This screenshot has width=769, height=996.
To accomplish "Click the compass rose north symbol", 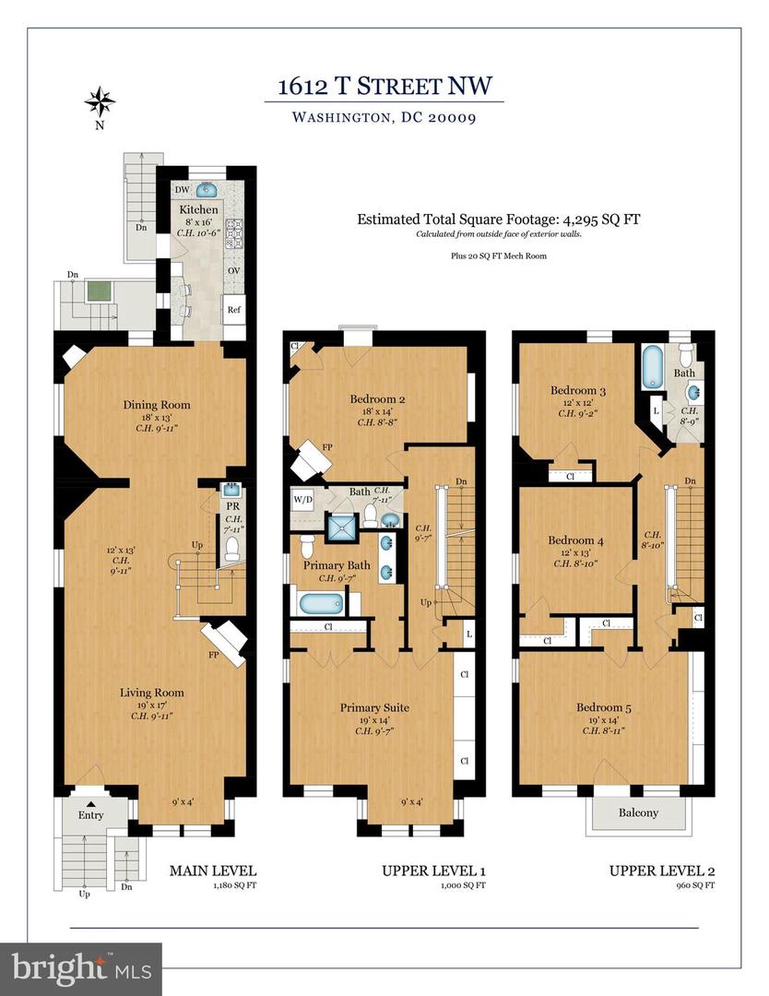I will coord(100,100).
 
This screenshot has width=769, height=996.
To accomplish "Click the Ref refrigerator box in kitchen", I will coord(234,310).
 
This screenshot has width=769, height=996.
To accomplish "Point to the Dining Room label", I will coord(157,404).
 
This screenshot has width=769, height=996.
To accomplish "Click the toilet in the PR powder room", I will coord(232,550).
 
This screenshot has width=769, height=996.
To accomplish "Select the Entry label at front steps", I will coord(90,815).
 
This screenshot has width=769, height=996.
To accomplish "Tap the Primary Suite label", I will coord(374,707).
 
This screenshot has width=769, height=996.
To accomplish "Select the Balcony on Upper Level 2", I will coord(637,812).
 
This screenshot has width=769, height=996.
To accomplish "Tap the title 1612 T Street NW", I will coord(384,88).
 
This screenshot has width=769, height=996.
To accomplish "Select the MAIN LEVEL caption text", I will coord(212,871).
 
